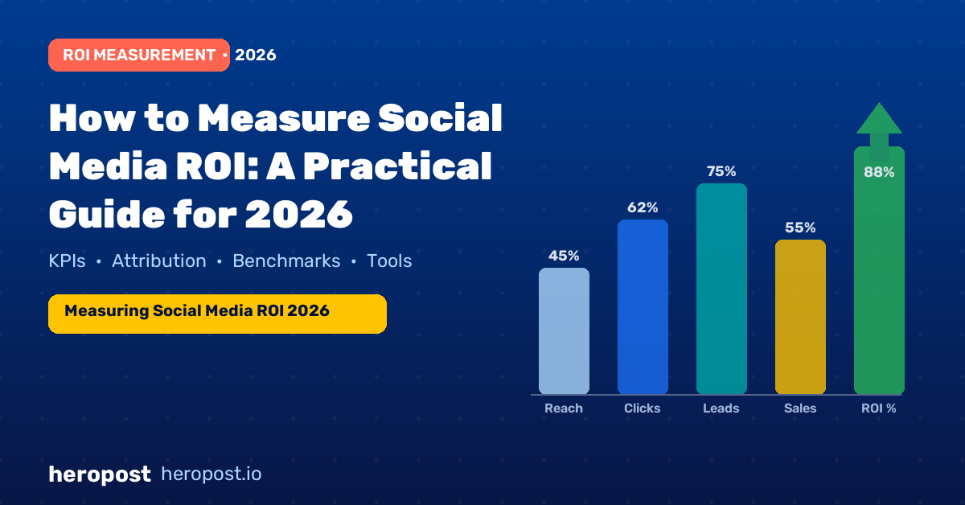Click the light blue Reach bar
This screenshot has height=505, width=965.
[x=564, y=331]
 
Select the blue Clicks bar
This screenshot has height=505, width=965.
[x=643, y=307]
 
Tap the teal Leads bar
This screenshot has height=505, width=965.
[x=721, y=289]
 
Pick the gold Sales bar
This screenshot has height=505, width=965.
[x=800, y=317]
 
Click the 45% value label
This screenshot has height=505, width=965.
[x=564, y=256]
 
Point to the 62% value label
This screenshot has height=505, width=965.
[x=643, y=207]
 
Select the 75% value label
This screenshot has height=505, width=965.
[x=721, y=171]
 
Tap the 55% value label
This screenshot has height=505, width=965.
[x=800, y=228]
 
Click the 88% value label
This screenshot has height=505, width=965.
[x=879, y=172]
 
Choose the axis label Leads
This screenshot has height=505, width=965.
[x=721, y=408]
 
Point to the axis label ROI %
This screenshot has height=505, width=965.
[x=879, y=408]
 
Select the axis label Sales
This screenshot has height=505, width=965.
[x=800, y=408]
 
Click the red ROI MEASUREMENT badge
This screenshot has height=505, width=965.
[x=139, y=55]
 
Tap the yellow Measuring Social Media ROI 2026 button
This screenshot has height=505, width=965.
[x=218, y=314]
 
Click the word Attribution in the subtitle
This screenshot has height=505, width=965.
[x=159, y=261]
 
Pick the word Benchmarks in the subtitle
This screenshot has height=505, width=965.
[x=286, y=261]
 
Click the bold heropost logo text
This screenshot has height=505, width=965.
[x=100, y=474]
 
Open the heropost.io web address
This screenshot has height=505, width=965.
[x=211, y=474]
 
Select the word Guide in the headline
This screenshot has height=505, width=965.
[x=107, y=214]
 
